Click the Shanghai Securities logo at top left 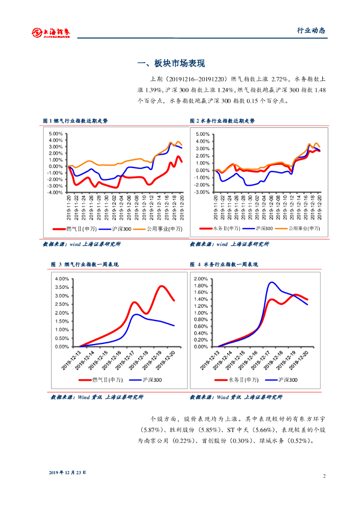pos(51,32)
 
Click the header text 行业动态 pos(311,30)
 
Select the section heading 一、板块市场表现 pos(171,64)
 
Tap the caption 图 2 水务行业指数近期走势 pos(222,121)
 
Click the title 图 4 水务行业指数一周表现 pos(224,264)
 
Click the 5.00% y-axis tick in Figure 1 pos(56,134)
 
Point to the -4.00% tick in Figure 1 pos(55,192)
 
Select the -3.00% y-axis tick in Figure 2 pos(202,192)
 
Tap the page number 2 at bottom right pos(324,476)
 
